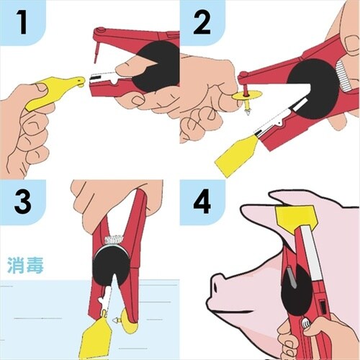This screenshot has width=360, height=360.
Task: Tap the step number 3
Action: click(x=22, y=202)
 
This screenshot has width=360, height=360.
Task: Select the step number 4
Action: click(x=202, y=202)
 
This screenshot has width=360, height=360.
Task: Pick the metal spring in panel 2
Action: click(x=343, y=76)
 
